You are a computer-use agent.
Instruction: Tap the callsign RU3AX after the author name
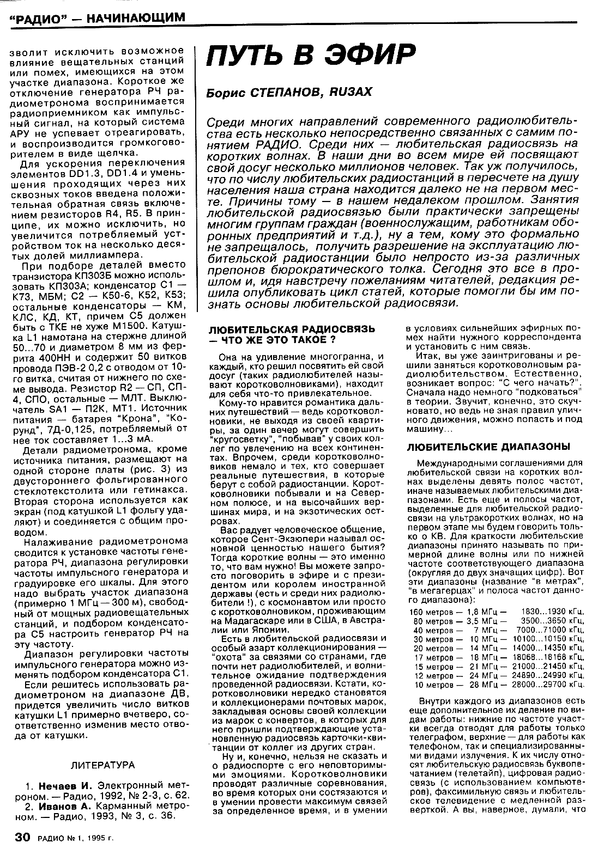click(351, 93)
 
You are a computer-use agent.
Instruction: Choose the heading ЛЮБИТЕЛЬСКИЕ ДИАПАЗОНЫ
click(488, 447)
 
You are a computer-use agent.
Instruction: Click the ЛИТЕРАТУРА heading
click(103, 765)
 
